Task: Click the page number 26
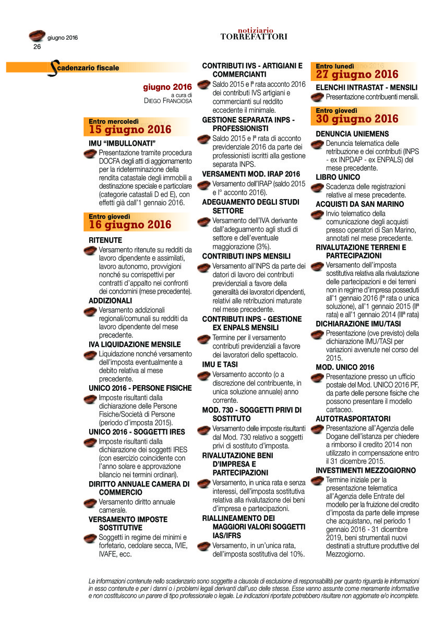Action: [x=37, y=47]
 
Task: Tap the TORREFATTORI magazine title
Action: [x=254, y=37]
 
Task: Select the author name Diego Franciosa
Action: [x=168, y=101]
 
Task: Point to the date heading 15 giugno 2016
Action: [x=130, y=130]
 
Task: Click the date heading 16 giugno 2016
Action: [x=130, y=225]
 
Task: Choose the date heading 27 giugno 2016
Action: [x=357, y=74]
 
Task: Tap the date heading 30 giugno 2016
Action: [x=357, y=119]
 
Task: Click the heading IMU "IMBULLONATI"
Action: [x=123, y=143]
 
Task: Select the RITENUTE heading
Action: [x=105, y=240]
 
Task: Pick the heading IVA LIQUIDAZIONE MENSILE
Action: [x=135, y=344]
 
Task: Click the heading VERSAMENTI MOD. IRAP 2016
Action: [x=251, y=173]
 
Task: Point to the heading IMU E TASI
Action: [x=220, y=364]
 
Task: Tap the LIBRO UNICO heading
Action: [x=337, y=177]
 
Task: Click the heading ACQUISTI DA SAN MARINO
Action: [x=359, y=204]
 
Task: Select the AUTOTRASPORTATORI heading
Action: [x=353, y=419]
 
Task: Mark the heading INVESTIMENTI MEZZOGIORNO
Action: [x=366, y=470]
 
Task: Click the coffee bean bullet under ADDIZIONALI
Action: [x=92, y=312]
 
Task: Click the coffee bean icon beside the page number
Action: [x=37, y=36]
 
